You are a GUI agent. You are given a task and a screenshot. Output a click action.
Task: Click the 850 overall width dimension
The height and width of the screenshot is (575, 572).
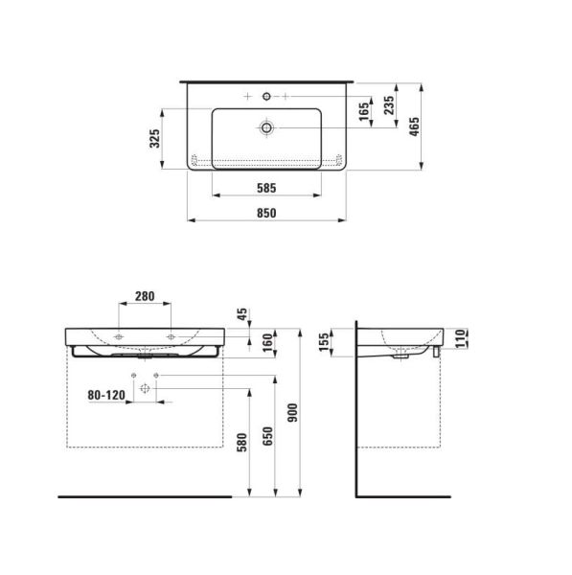pos(263,213)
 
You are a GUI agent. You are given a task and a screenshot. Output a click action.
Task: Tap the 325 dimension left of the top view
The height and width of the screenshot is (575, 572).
pos(154,139)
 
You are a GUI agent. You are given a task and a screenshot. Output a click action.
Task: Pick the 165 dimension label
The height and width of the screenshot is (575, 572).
pos(364,111)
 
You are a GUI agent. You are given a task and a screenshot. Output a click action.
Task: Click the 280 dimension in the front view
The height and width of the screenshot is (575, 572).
pos(145,296)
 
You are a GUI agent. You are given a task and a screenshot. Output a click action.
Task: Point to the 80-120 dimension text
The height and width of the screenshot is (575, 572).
pos(106,394)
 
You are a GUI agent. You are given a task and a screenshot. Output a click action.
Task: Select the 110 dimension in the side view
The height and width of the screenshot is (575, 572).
pos(460,336)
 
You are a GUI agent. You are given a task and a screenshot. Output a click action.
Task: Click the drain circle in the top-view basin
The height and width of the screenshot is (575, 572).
pos(265,126)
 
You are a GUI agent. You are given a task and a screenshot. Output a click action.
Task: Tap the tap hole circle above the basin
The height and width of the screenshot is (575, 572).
pos(265,97)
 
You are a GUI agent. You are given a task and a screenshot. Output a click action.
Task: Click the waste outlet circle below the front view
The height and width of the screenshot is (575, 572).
pos(145,389)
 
